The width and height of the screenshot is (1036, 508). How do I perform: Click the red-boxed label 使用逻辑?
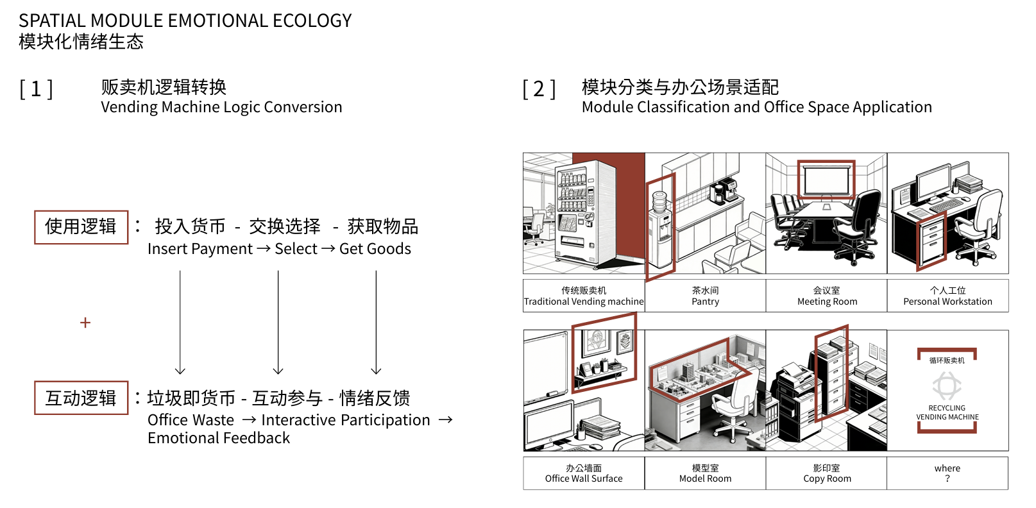[x=81, y=227]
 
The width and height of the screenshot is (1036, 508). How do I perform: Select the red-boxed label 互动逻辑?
[x=81, y=398]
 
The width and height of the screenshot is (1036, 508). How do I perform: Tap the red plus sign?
[x=85, y=323]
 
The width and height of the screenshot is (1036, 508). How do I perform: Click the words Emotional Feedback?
[x=219, y=438]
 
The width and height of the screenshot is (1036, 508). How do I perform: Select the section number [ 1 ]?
[x=37, y=89]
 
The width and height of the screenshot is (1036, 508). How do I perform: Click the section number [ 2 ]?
[x=539, y=89]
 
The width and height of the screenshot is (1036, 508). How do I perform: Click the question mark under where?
[x=947, y=478]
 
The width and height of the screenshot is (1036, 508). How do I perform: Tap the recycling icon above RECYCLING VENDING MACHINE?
[x=947, y=385]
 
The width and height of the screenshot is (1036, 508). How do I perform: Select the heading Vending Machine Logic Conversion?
[x=221, y=107]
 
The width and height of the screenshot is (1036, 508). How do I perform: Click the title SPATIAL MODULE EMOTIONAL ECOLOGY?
[x=185, y=21]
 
